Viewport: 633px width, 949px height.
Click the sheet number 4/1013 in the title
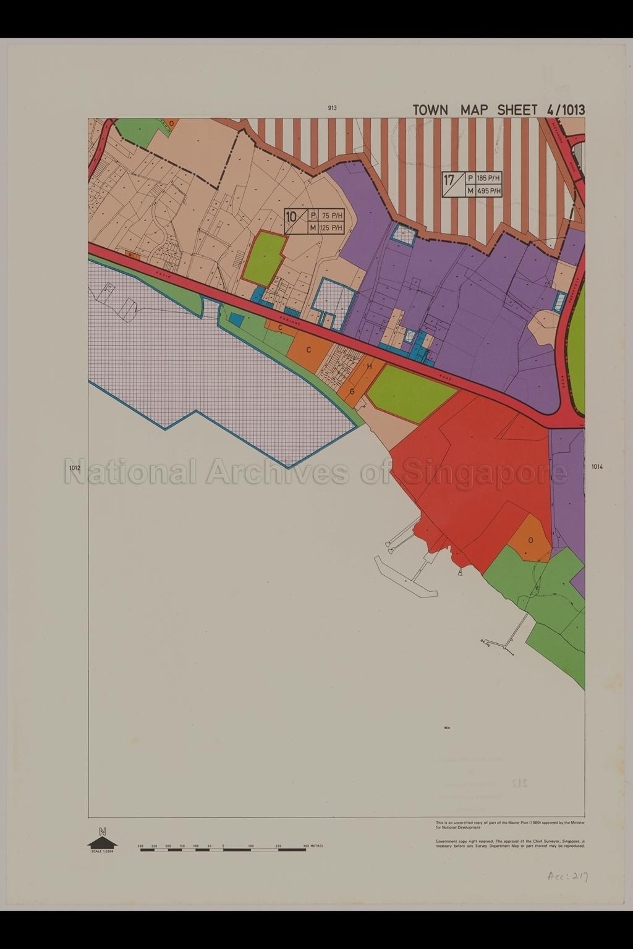coord(565,110)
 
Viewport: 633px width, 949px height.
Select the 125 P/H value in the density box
coord(331,228)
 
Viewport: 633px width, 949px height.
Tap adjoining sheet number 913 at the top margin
coord(333,108)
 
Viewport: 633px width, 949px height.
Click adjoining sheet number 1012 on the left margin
coord(75,468)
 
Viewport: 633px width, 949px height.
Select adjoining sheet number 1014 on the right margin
coord(597,467)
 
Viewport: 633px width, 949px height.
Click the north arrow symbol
coord(103,840)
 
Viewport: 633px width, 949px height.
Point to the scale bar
coord(223,850)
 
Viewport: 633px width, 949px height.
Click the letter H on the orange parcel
coord(370,366)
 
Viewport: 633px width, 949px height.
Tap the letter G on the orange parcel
coord(352,392)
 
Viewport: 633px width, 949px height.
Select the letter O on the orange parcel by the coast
coord(530,539)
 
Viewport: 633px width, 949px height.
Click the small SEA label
coord(447,728)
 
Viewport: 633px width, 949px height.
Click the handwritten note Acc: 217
coord(566,876)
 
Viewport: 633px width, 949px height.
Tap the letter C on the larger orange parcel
coord(308,350)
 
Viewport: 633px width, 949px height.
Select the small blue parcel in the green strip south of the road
coord(236,319)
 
